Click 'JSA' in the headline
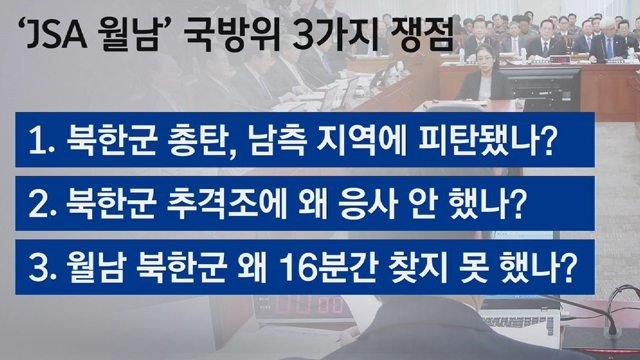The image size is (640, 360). pyautogui.click(x=57, y=36)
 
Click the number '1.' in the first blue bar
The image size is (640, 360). pyautogui.click(x=42, y=140)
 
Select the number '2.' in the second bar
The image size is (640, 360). pyautogui.click(x=42, y=204)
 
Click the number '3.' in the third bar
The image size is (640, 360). pyautogui.click(x=42, y=268)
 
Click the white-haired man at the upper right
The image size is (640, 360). pyautogui.click(x=607, y=40)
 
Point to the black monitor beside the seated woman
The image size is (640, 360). pyautogui.click(x=540, y=88)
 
